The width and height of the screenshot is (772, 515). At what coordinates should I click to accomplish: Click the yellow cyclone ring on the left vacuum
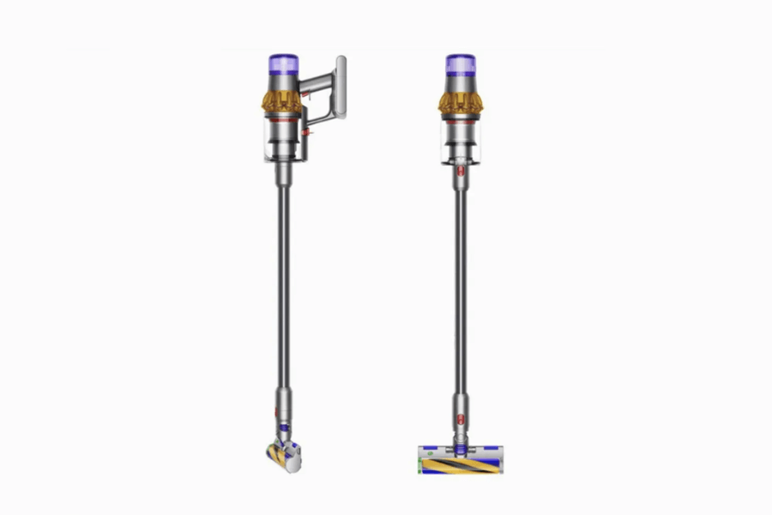click(280, 100)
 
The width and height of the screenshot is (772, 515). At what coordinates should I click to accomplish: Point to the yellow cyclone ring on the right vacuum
click(461, 101)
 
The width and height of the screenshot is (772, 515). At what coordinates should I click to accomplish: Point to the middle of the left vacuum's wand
click(282, 283)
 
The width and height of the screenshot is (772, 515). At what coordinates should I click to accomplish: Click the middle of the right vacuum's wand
click(461, 283)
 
